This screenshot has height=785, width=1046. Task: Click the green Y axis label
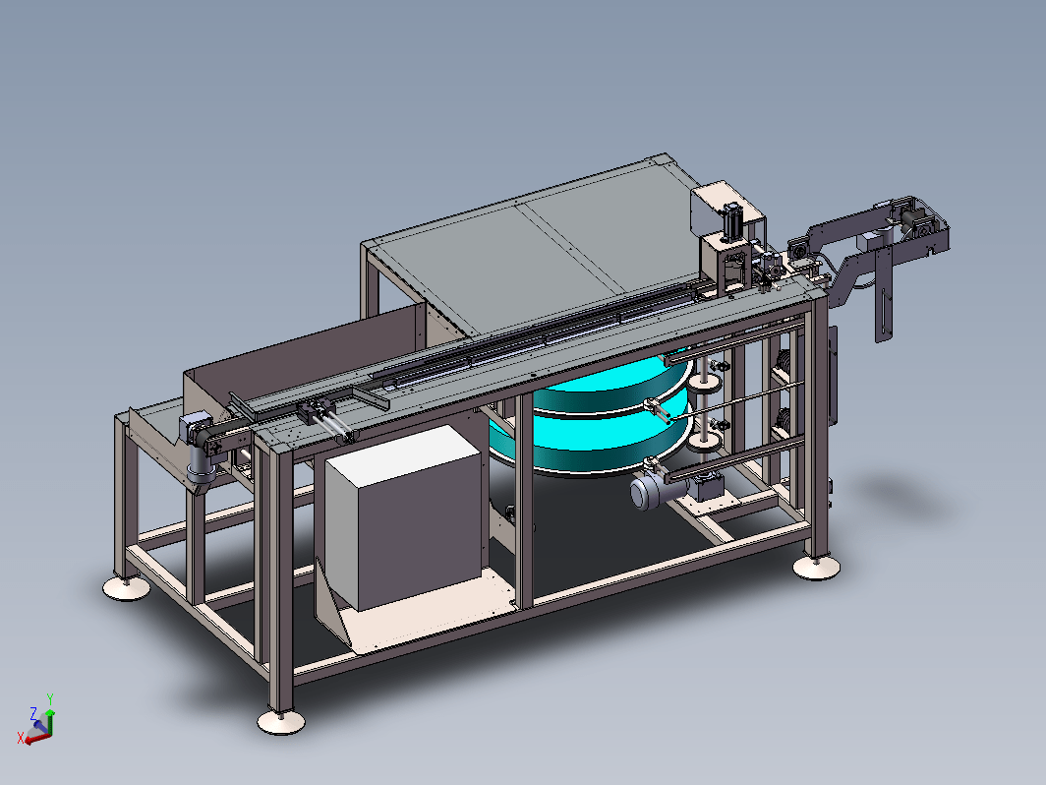[x=50, y=698]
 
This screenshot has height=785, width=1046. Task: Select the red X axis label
[x=21, y=738]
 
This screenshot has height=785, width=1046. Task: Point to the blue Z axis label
[x=33, y=713]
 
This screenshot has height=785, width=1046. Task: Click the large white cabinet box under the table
[x=404, y=518]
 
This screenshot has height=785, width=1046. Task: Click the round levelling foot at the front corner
[x=281, y=721]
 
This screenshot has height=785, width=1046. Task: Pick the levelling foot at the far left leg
[x=126, y=587]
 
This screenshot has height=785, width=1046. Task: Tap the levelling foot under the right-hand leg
[x=816, y=568]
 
